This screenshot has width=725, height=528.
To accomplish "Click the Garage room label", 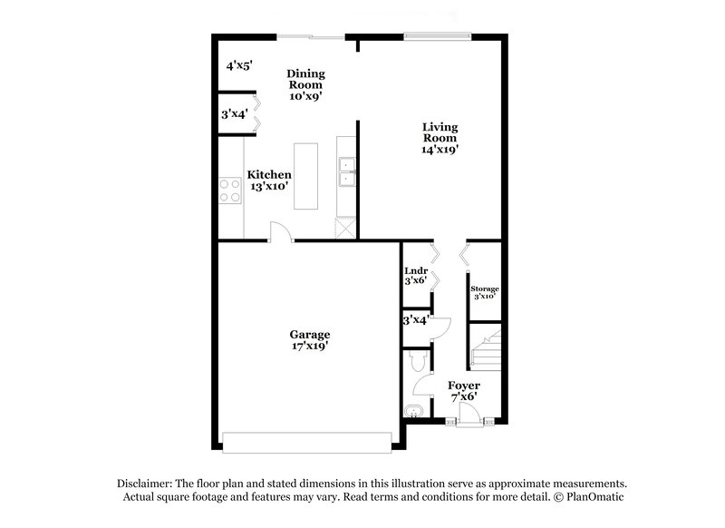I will (x=310, y=334).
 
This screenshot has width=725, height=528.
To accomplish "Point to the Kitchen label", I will (x=270, y=174).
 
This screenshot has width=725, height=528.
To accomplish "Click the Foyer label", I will (x=465, y=385).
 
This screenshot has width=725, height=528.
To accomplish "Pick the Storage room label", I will (x=484, y=288).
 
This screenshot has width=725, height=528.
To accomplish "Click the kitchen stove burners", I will (x=229, y=191).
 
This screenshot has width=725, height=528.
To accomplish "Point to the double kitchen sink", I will (x=346, y=171).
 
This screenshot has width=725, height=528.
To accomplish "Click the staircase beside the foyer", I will (x=486, y=350).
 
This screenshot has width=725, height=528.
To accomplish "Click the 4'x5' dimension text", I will (x=238, y=65).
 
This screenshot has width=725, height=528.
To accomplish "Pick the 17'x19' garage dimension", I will (x=310, y=346).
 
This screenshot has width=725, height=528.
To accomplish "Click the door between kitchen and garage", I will (x=283, y=235).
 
